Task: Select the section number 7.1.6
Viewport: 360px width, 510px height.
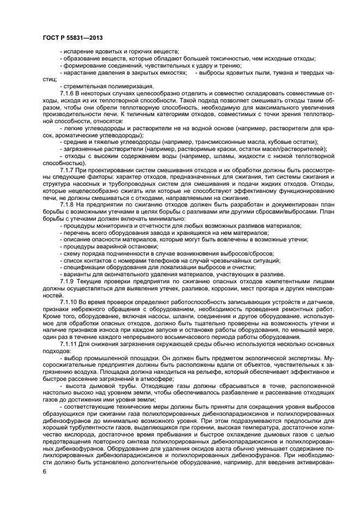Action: point(69,93)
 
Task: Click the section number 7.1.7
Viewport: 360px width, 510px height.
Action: point(69,171)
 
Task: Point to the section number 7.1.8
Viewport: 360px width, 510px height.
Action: point(69,204)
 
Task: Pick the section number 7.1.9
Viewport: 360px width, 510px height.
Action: point(69,281)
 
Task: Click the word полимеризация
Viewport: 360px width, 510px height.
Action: point(126,86)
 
